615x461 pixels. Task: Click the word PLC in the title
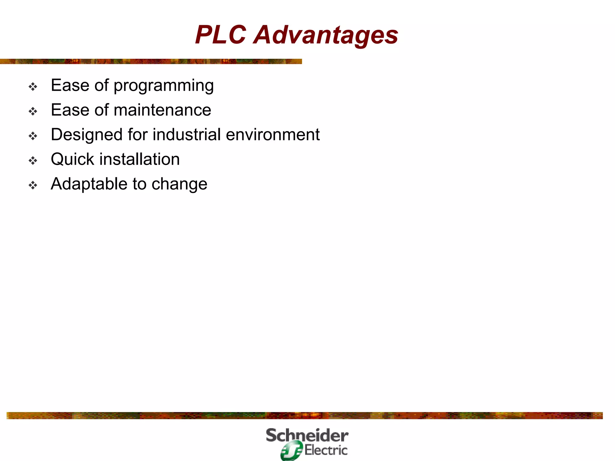click(221, 35)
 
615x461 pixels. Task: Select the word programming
click(164, 86)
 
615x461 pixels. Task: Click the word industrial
click(187, 134)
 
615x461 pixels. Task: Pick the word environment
click(273, 135)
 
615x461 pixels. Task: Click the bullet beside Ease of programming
click(33, 87)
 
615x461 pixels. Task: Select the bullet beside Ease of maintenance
click(33, 111)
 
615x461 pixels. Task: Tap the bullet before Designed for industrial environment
click(33, 136)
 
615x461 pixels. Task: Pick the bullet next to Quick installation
click(33, 161)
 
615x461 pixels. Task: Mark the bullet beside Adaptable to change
click(33, 185)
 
